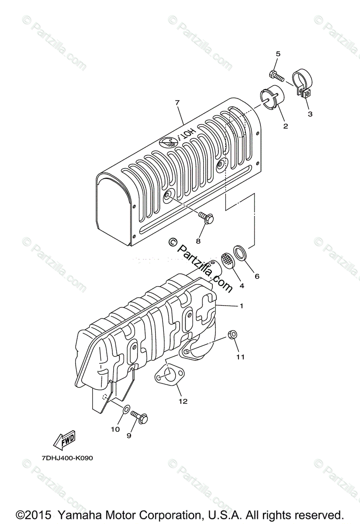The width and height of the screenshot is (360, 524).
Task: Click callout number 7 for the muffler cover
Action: click(177, 103)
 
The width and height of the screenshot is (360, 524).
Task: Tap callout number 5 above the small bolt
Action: click(278, 54)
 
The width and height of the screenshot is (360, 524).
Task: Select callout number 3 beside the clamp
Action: click(310, 114)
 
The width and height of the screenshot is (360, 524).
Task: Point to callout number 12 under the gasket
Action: click(183, 401)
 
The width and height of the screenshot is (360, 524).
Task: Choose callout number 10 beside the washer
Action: click(115, 429)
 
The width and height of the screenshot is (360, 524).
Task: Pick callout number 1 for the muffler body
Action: click(241, 306)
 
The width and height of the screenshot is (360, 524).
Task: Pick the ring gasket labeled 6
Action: click(240, 252)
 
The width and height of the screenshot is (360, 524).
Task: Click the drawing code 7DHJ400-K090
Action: click(68, 458)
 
